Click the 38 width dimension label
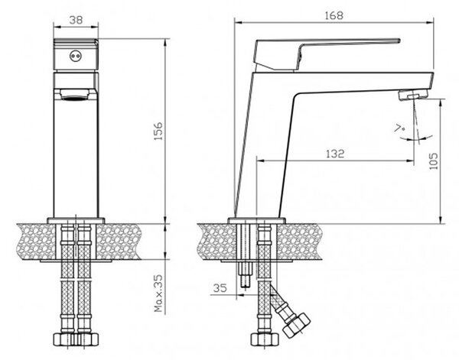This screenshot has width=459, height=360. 76,20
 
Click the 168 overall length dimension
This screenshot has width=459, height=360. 334,15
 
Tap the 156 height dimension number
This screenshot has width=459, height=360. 158,131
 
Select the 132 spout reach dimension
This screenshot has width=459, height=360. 335,154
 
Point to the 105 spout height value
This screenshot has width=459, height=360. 433,161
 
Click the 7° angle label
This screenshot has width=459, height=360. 399,128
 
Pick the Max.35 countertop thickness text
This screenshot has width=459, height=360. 158,293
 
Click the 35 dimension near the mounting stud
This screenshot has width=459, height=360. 220,287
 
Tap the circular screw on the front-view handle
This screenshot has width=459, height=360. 75,56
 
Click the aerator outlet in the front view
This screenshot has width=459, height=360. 76,95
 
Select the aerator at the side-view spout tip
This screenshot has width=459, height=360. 413,96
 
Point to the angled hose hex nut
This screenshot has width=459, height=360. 296,325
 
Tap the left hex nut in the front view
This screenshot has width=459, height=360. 63,339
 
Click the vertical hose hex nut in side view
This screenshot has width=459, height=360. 265,339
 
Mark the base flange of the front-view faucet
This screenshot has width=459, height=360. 76,220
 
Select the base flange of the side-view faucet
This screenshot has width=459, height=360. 257,220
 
